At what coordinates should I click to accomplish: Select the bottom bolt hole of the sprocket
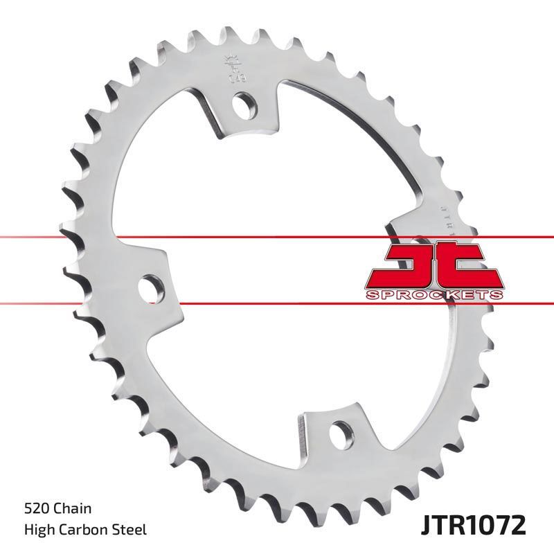click(x=339, y=433)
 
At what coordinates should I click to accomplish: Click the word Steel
click(x=132, y=530)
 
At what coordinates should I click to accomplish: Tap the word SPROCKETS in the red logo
click(x=434, y=296)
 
